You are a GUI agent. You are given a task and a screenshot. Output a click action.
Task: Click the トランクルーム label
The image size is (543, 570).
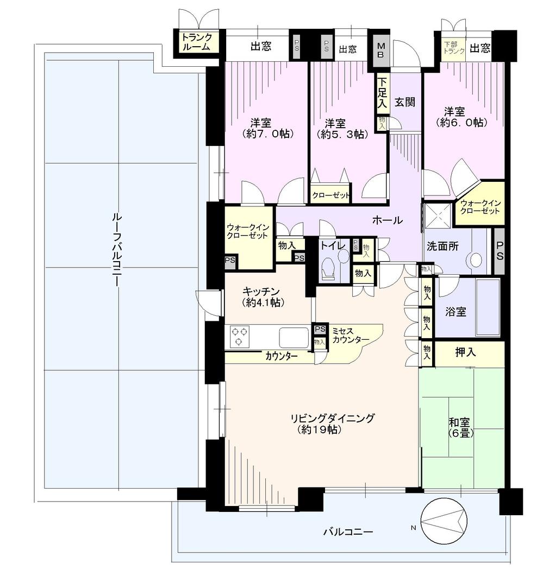pos(197,42)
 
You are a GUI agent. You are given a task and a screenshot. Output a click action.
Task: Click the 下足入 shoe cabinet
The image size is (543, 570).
pos(383,94)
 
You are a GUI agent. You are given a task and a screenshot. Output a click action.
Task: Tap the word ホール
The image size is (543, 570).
pos(387,220)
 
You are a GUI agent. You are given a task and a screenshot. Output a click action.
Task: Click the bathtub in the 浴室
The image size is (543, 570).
pos(488,308)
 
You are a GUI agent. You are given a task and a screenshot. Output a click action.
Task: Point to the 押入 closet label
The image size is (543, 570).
pos(466,352)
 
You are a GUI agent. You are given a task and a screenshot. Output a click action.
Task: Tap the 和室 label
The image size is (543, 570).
pos(460,422)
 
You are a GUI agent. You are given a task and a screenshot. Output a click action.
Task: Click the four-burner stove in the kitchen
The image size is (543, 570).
pos(240,336)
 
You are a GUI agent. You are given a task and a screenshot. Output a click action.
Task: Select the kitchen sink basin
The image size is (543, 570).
pos(294,337)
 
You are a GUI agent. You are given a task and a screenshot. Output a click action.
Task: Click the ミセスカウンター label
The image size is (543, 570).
pos(351,334)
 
